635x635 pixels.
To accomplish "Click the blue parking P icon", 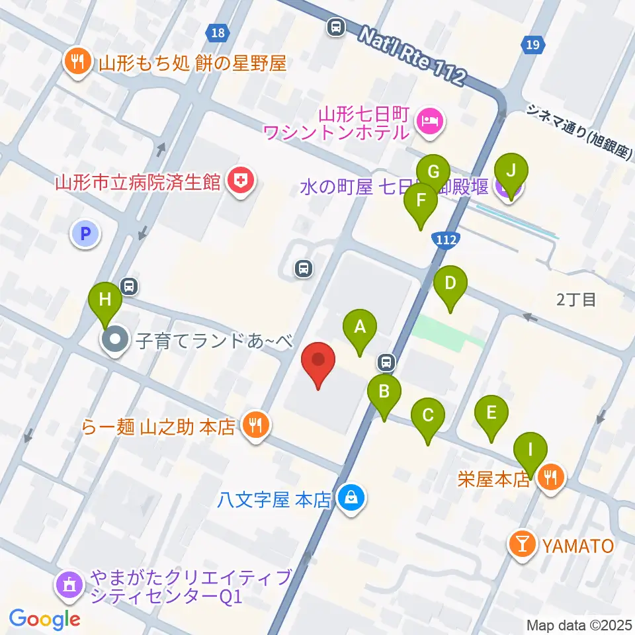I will coord(84,233).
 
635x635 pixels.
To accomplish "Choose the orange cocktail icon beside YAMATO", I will coord(522,546).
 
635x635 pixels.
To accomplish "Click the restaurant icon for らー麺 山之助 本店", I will coord(254,425).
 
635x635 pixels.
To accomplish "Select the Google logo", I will coord(44,618).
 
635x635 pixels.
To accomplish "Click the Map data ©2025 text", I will coord(579,624).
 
